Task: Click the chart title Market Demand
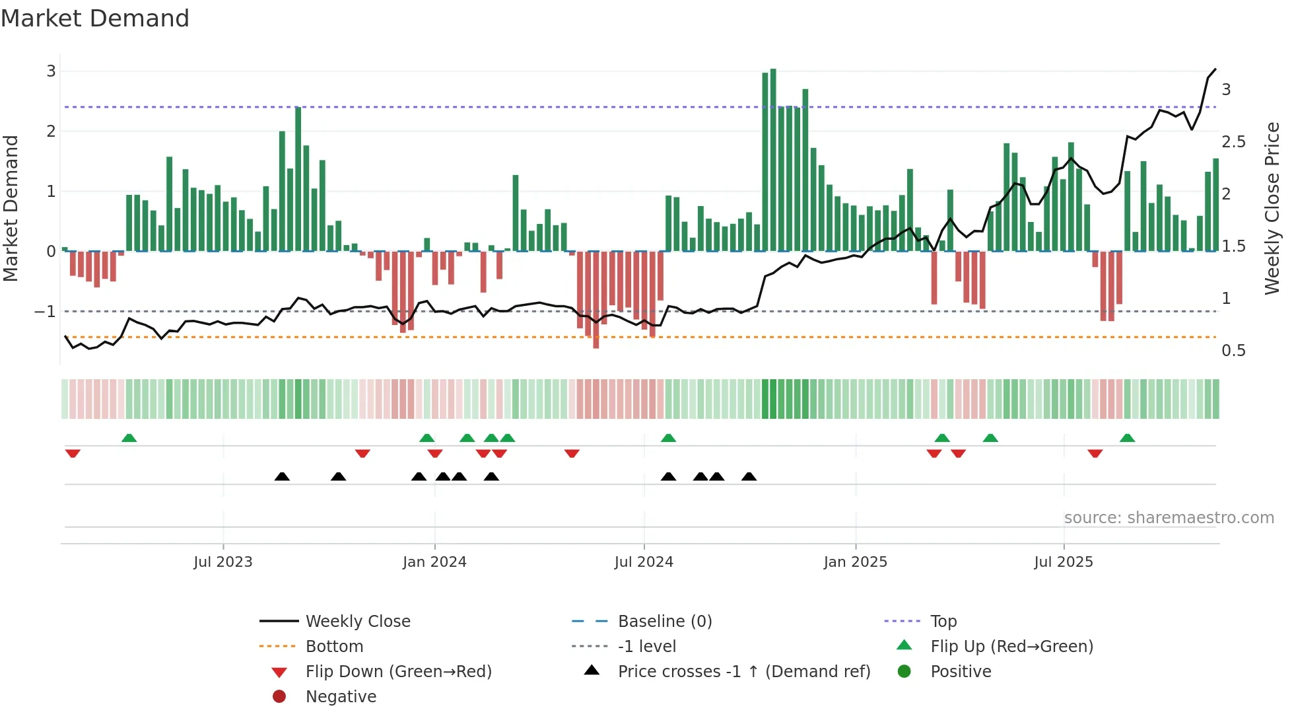click(x=95, y=18)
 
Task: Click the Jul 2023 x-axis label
click(x=223, y=562)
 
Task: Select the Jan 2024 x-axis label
click(x=434, y=562)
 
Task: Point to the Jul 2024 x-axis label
click(x=644, y=562)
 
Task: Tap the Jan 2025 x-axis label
click(x=856, y=562)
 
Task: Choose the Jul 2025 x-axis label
click(x=1064, y=562)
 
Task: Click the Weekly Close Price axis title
click(x=1272, y=208)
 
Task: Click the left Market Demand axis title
click(x=11, y=208)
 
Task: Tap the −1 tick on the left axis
click(x=45, y=311)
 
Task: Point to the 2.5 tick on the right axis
click(x=1233, y=142)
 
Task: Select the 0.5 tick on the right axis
click(x=1233, y=351)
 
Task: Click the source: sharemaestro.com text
click(x=1169, y=518)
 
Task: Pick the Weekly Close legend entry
click(x=358, y=622)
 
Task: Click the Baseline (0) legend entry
click(x=665, y=622)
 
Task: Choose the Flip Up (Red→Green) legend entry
click(x=1011, y=647)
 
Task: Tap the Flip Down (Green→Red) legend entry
click(x=398, y=672)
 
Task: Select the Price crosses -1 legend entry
click(x=744, y=672)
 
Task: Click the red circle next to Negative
click(x=279, y=697)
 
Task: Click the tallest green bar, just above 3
click(x=773, y=159)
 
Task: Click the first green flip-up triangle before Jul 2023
click(x=129, y=438)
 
